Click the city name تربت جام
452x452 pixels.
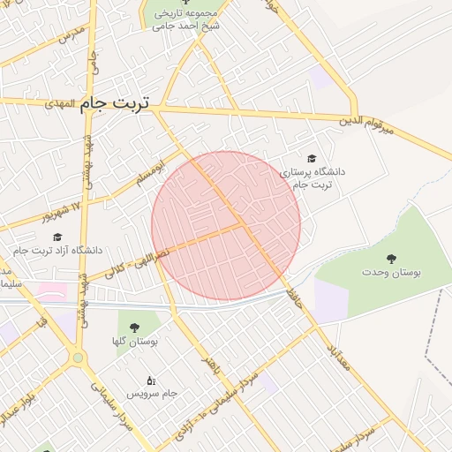pos(115,104)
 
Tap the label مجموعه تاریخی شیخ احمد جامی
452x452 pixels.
pos(185,20)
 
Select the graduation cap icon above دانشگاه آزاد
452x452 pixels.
pos(57,237)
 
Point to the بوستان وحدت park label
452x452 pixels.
pos(392,273)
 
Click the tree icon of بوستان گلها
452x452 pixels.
pos(134,328)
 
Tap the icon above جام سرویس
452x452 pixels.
pos(151,380)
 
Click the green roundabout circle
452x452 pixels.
pos(78,358)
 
